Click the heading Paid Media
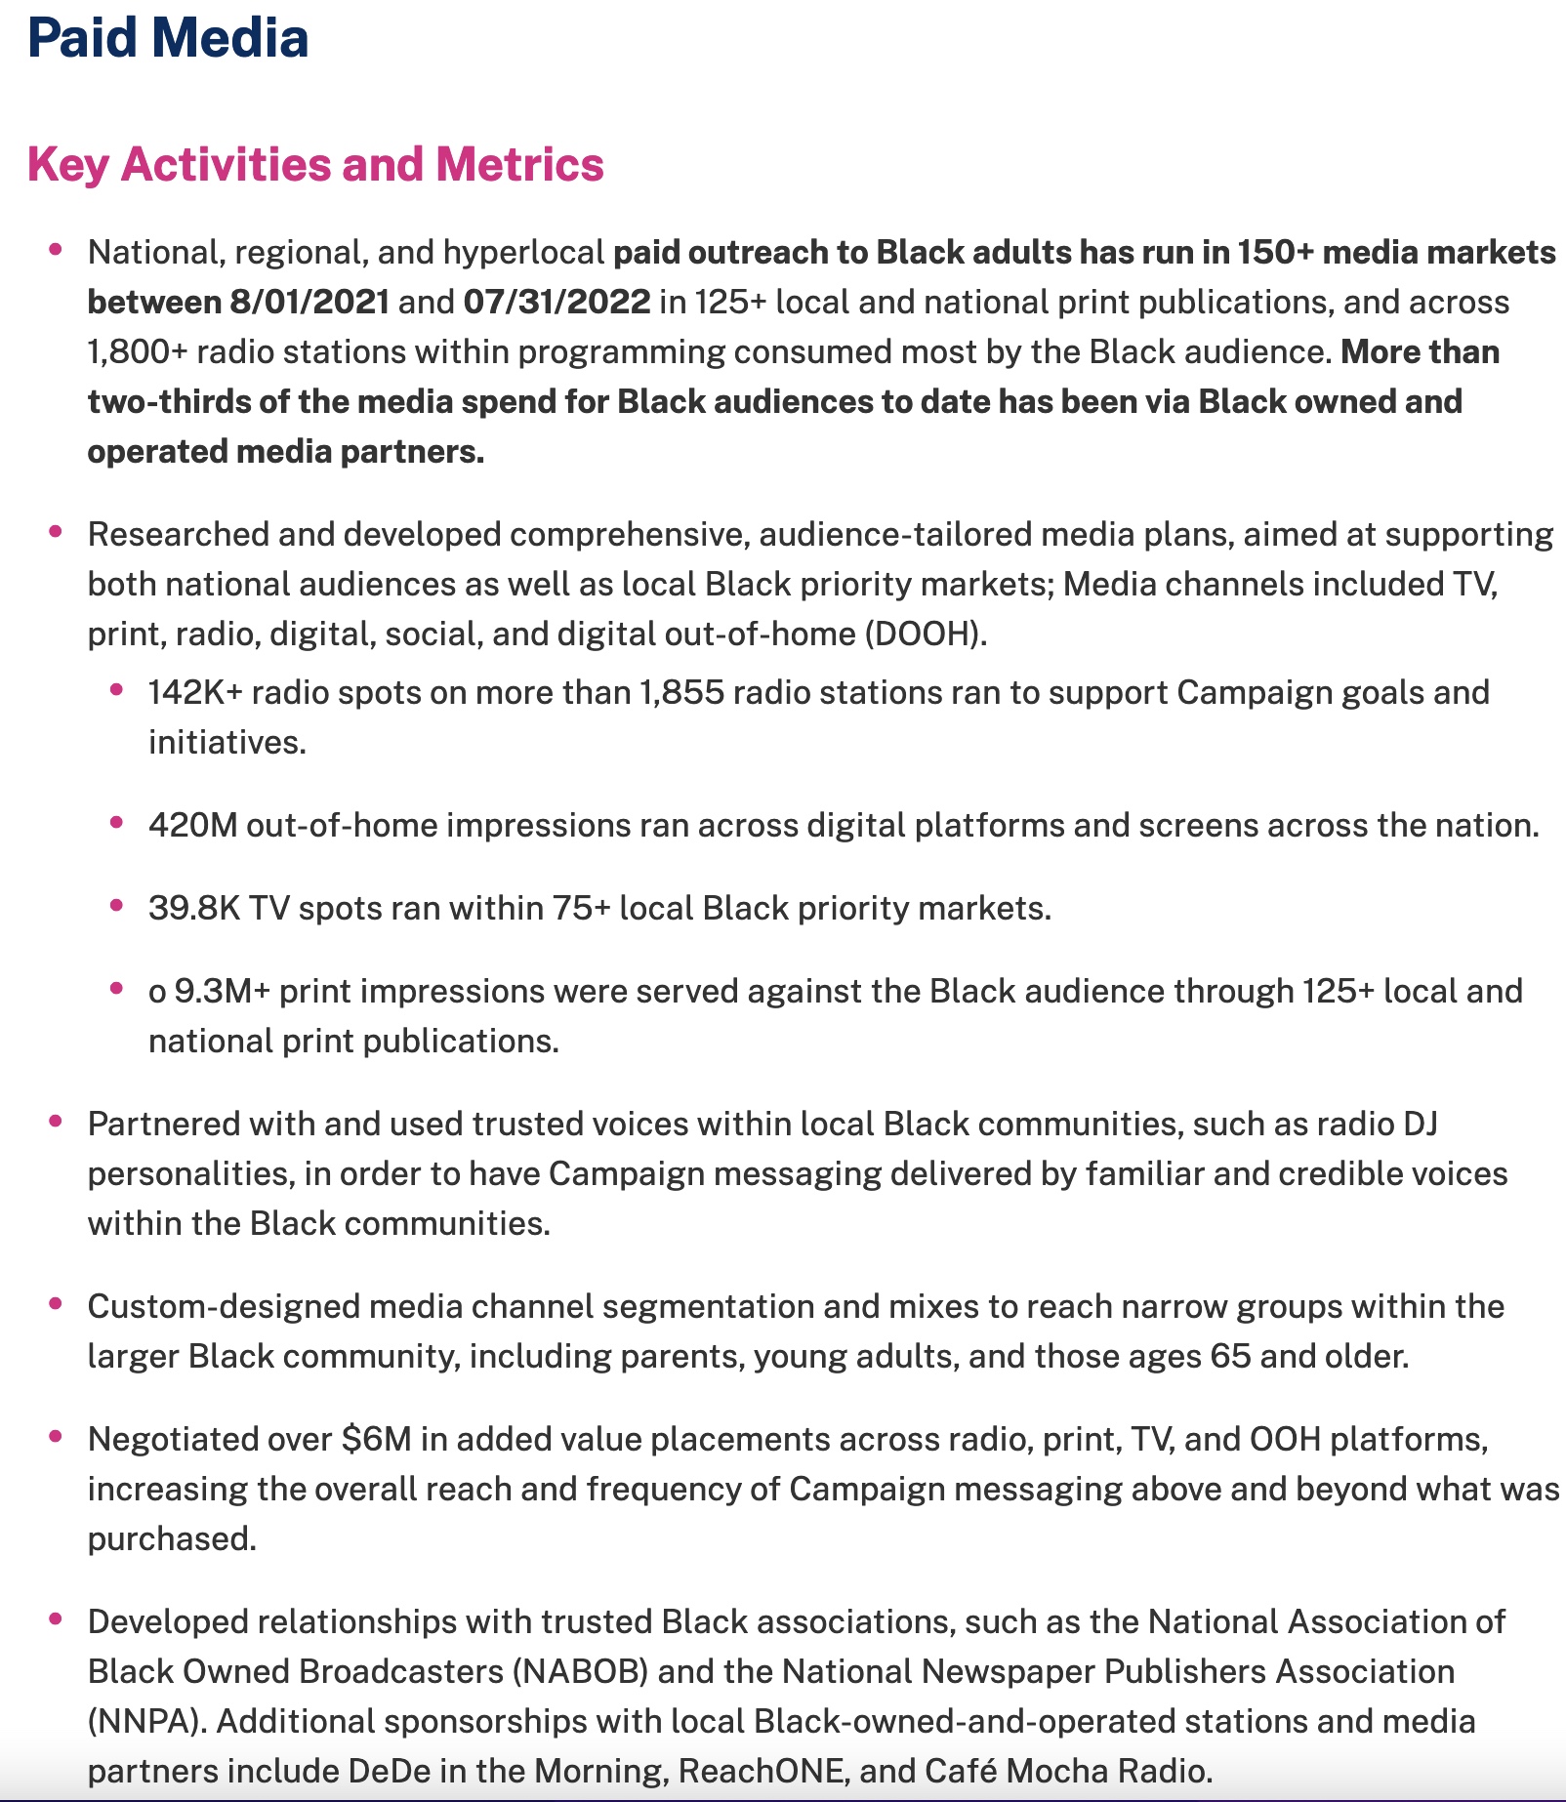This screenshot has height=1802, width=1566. point(168,39)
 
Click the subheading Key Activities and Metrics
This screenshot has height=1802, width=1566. point(315,164)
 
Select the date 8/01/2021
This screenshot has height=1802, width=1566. point(309,302)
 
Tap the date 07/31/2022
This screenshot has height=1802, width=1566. point(556,302)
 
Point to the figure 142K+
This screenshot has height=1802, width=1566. point(195,692)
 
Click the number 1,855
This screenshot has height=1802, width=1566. point(681,692)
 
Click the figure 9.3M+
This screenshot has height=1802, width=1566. point(222,991)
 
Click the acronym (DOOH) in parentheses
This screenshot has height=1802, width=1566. point(925,634)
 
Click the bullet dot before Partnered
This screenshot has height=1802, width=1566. point(56,1121)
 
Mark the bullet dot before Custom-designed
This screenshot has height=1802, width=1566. point(56,1303)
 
